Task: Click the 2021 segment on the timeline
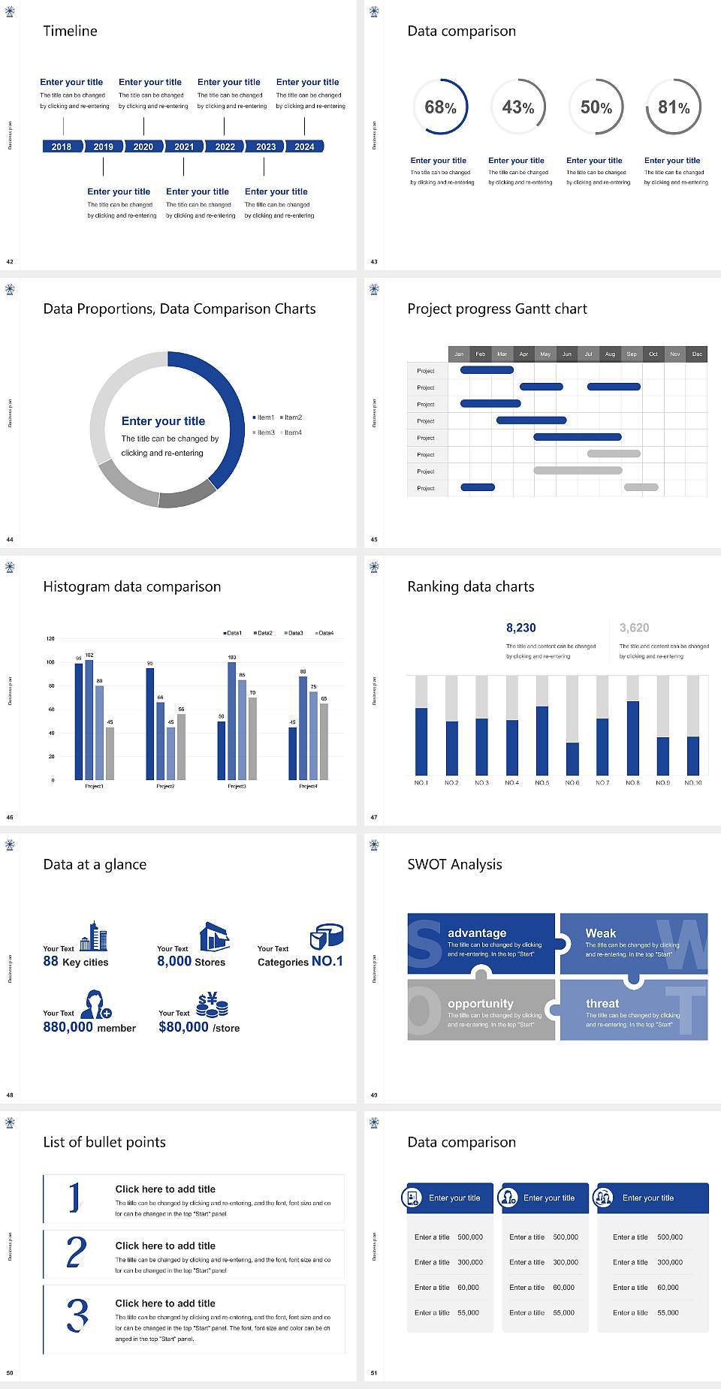click(x=184, y=146)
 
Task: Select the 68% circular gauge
click(x=440, y=107)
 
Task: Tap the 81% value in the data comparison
click(x=674, y=107)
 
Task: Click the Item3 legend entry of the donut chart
click(x=264, y=432)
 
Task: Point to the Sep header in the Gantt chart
click(x=632, y=354)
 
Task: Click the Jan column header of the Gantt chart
click(x=459, y=354)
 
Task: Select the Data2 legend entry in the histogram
click(x=264, y=633)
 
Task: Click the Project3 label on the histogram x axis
click(x=237, y=786)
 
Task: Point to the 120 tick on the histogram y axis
click(x=50, y=639)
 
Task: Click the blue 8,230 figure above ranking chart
click(x=520, y=628)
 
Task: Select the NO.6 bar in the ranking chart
click(x=572, y=758)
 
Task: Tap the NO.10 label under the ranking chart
click(x=692, y=782)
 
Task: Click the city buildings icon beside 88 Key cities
click(x=94, y=937)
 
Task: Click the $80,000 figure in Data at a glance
click(x=183, y=1027)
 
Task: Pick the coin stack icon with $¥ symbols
click(x=213, y=1005)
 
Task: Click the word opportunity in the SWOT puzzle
click(x=481, y=1004)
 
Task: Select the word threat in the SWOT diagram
click(x=602, y=1004)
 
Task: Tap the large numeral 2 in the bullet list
click(x=76, y=1253)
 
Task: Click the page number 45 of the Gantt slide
click(x=374, y=540)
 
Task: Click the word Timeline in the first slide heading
click(x=70, y=31)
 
